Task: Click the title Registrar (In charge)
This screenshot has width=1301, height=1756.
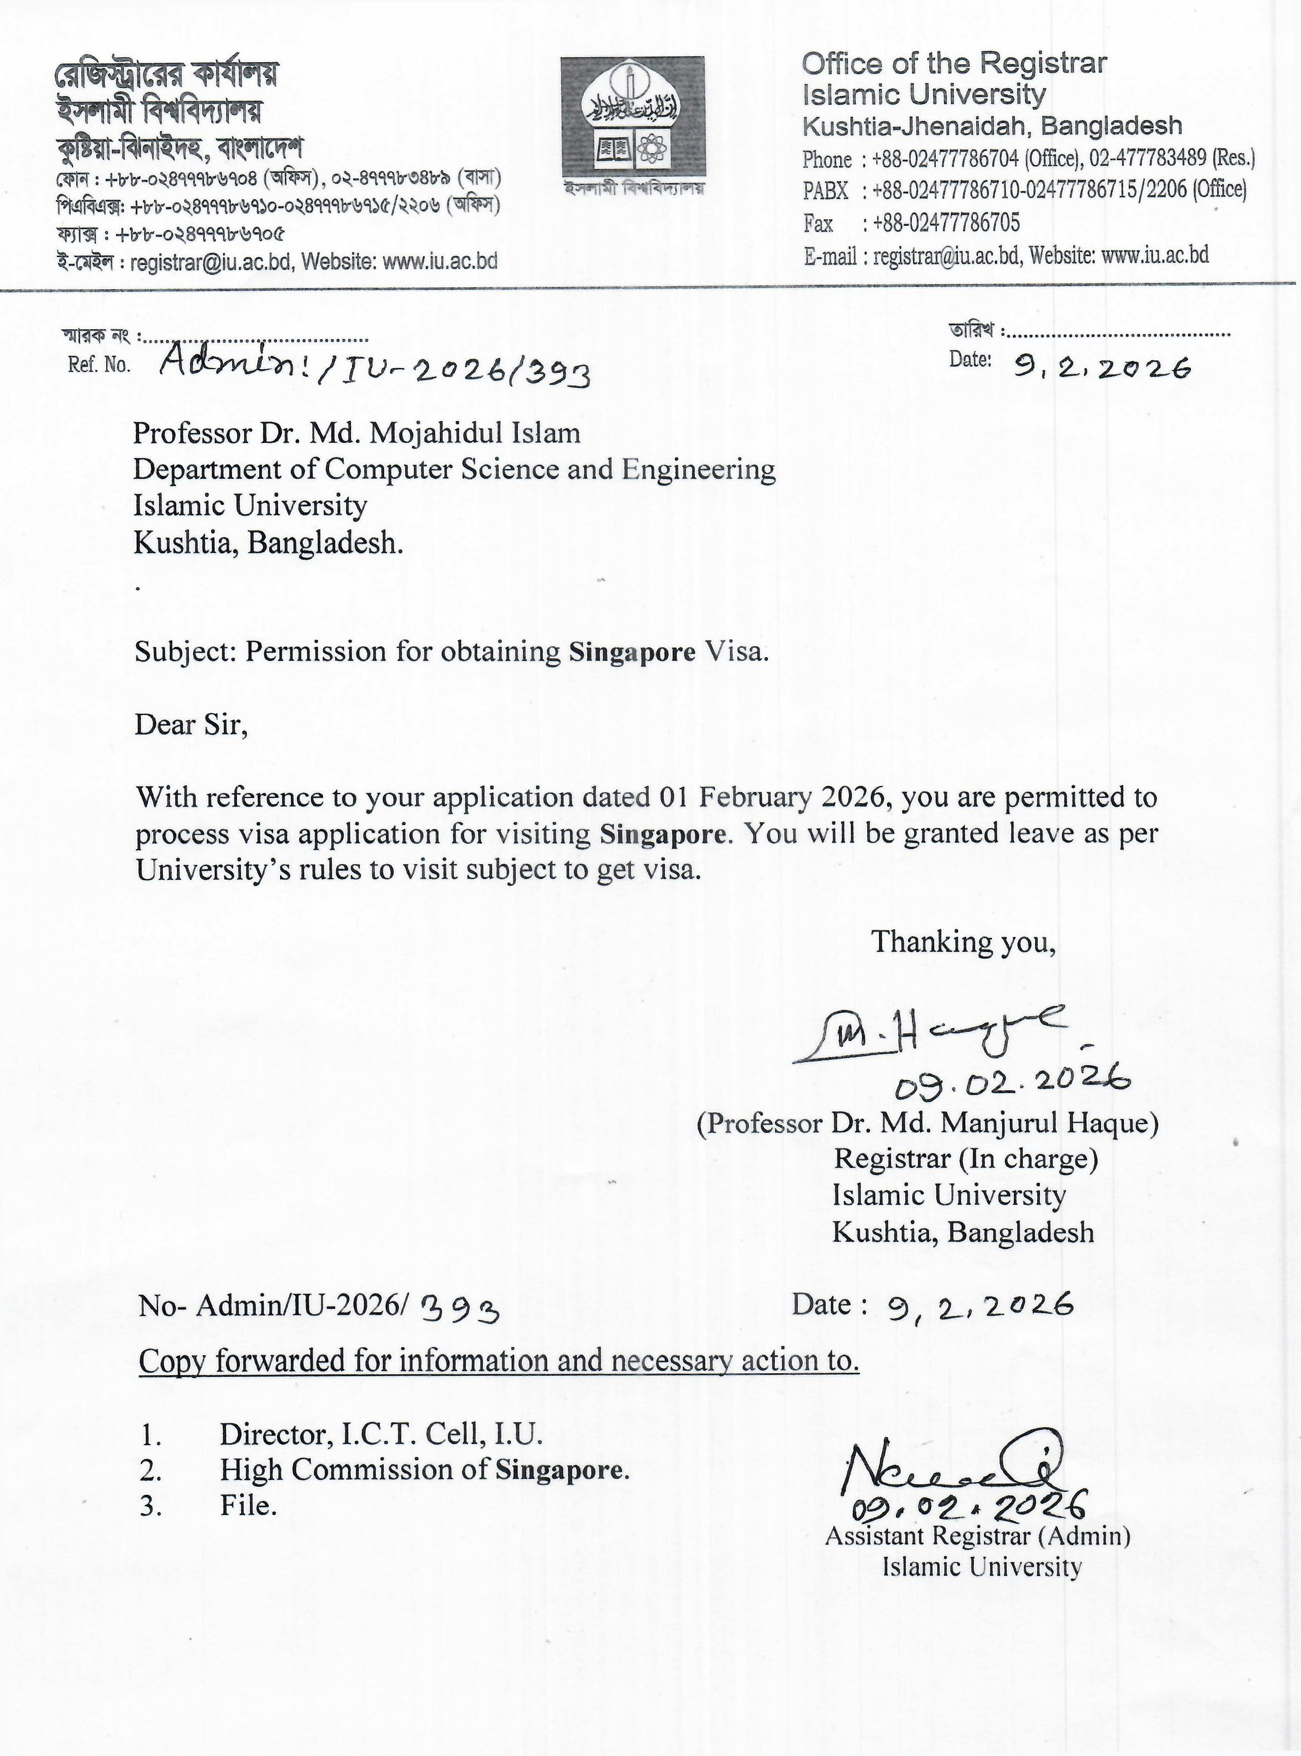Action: [x=965, y=1159]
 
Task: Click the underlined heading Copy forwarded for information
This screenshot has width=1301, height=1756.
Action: [x=499, y=1361]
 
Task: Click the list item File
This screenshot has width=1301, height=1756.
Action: [x=248, y=1506]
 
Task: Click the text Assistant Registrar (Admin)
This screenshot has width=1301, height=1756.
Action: [x=977, y=1536]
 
